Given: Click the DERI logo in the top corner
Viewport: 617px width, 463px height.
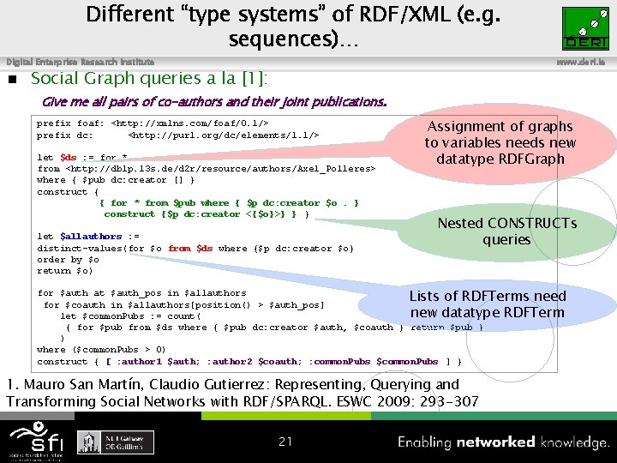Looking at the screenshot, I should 584,27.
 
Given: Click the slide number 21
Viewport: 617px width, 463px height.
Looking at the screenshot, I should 285,442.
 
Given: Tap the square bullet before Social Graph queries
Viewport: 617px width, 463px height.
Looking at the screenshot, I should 12,80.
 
